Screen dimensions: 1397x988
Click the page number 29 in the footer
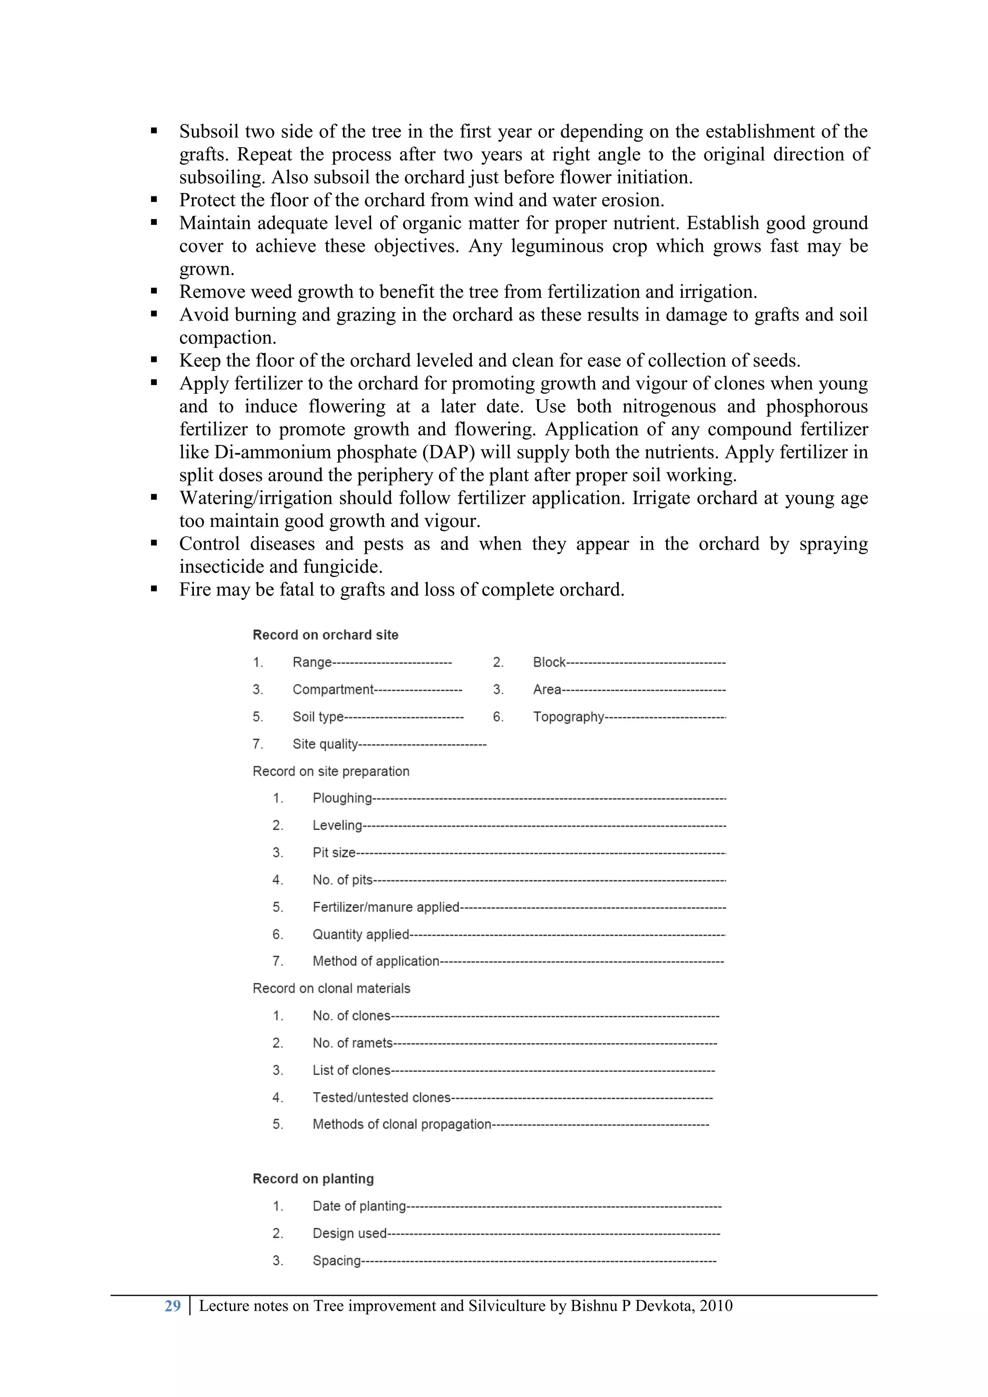(172, 1306)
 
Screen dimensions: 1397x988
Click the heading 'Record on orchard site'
(326, 635)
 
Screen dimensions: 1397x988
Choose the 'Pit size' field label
(333, 853)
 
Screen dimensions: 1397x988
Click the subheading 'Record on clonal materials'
(331, 988)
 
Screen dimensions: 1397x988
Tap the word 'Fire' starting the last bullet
(195, 590)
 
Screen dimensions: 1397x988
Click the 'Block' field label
(549, 662)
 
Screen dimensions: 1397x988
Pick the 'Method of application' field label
(375, 961)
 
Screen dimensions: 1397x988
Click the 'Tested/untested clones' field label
(381, 1098)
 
